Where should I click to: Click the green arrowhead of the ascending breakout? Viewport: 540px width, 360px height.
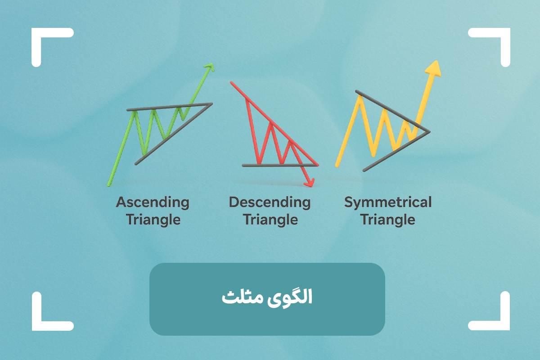tap(209, 67)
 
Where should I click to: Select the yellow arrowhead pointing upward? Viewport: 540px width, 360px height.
tap(433, 69)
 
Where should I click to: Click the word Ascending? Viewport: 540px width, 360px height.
tap(153, 202)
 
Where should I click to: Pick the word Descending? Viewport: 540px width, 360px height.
tap(270, 202)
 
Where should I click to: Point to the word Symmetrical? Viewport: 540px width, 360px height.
tap(388, 202)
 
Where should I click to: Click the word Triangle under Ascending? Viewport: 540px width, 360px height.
tap(153, 220)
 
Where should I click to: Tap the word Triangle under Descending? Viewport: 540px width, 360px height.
tap(270, 220)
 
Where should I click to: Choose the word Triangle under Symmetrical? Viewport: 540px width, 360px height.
tap(388, 220)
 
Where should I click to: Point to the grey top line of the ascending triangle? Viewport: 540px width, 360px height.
tap(169, 107)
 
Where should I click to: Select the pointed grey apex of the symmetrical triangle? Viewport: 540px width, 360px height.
tap(428, 131)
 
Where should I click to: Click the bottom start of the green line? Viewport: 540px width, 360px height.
tap(109, 184)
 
